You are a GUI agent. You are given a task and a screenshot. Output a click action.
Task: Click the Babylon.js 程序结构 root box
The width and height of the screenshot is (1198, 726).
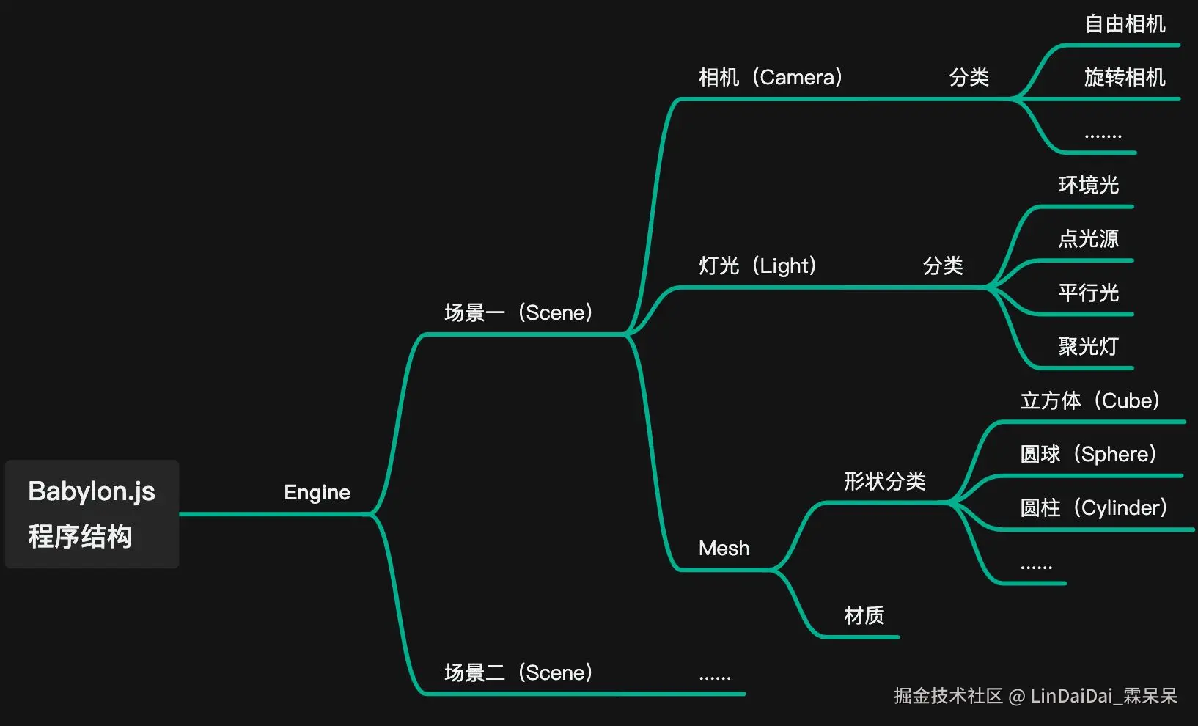[x=92, y=513]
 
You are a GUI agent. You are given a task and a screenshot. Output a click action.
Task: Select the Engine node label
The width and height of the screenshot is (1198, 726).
[x=317, y=492]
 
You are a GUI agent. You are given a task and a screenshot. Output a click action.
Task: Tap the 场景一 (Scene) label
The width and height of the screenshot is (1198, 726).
[x=518, y=312]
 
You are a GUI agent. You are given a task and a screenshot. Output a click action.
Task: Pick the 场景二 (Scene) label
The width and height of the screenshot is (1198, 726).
[x=518, y=672]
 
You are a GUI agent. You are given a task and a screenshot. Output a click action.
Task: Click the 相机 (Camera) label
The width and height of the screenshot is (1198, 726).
[x=771, y=77]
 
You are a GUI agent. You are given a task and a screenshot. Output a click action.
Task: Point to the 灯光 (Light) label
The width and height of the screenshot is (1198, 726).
[x=757, y=265]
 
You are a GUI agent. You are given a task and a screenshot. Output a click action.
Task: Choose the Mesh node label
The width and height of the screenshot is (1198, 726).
[x=724, y=548]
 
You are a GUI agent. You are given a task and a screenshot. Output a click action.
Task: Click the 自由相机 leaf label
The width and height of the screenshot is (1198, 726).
[x=1125, y=24]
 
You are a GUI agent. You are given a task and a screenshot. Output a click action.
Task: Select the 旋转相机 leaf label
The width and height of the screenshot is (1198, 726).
[x=1125, y=77]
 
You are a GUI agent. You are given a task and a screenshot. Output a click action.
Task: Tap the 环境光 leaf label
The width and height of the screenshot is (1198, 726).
[x=1088, y=185]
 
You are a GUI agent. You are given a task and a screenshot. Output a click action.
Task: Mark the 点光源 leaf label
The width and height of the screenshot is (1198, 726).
[x=1088, y=238]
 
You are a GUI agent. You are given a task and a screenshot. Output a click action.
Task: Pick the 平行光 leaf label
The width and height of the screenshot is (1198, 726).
[x=1088, y=293]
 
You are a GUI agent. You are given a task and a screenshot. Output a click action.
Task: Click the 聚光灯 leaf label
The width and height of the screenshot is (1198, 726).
[x=1088, y=346]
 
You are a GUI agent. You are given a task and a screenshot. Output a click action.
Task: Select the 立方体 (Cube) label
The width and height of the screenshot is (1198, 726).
[x=1090, y=400]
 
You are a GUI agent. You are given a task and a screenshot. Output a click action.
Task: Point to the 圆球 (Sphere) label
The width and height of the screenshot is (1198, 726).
[x=1088, y=454]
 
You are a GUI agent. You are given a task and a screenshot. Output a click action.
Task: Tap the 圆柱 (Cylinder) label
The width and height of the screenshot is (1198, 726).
[x=1093, y=507]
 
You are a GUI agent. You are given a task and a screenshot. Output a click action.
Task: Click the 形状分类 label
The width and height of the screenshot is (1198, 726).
[x=884, y=481]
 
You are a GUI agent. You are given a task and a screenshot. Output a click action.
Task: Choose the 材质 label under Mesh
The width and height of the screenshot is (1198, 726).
[x=864, y=615]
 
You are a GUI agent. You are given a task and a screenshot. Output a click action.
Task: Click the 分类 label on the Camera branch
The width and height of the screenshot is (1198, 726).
[x=969, y=77]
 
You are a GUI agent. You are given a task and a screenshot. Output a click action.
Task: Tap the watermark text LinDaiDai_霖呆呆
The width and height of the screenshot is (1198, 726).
[x=1103, y=696]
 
